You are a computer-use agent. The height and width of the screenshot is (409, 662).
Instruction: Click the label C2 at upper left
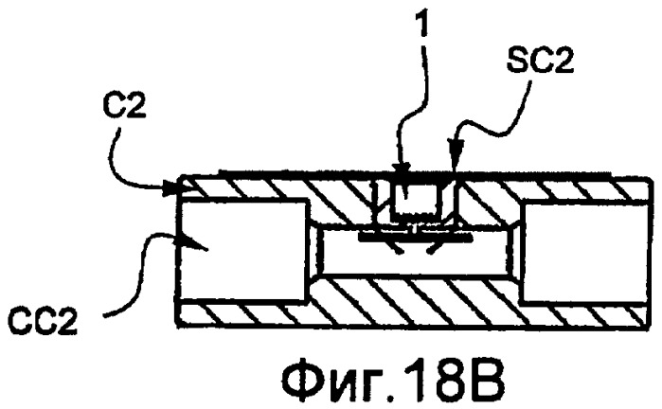[x=125, y=106]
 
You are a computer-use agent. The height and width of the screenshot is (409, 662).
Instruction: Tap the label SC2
[x=540, y=62]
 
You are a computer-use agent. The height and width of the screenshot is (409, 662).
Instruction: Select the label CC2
[x=43, y=322]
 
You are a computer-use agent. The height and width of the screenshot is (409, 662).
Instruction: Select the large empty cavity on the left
[x=242, y=250]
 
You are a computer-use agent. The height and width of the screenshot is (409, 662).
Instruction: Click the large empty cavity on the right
[x=584, y=253]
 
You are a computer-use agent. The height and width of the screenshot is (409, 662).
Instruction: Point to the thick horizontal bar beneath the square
[x=415, y=239]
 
